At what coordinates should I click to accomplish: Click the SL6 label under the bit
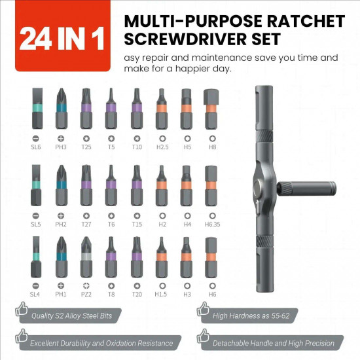pyautogui.click(x=35, y=148)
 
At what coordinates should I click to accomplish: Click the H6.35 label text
pyautogui.click(x=211, y=225)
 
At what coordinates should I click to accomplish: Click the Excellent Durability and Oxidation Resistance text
pyautogui.click(x=102, y=343)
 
